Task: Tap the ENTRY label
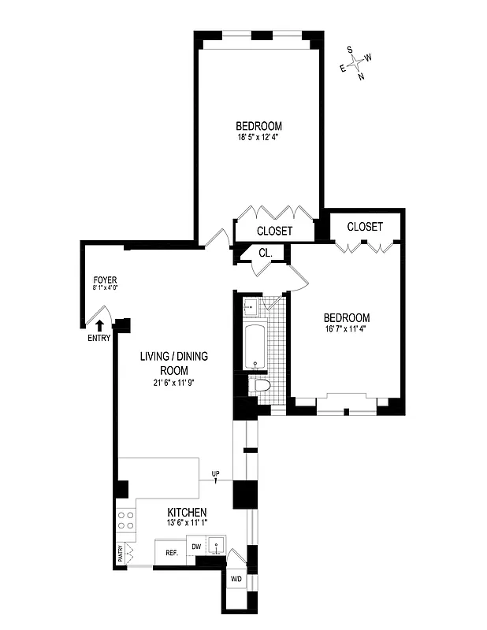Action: pyautogui.click(x=99, y=339)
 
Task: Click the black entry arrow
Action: pyautogui.click(x=99, y=324)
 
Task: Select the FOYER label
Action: pyautogui.click(x=106, y=280)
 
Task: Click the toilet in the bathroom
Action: pyautogui.click(x=261, y=385)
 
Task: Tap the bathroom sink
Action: pyautogui.click(x=251, y=307)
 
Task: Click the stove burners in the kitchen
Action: pyautogui.click(x=125, y=520)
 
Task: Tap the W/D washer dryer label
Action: pyautogui.click(x=236, y=580)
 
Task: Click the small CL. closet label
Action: pyautogui.click(x=266, y=254)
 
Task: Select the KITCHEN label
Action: pyautogui.click(x=187, y=513)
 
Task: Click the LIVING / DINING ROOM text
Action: pyautogui.click(x=174, y=363)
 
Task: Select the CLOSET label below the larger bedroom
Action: pyautogui.click(x=275, y=231)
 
